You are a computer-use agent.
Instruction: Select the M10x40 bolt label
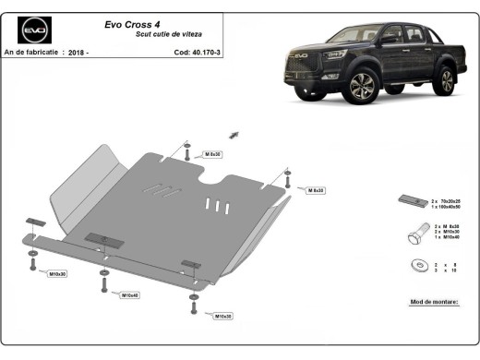pyautogui.click(x=129, y=295)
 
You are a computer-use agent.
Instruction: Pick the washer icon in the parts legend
pyautogui.click(x=409, y=268)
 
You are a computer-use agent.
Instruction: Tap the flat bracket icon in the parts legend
pyautogui.click(x=410, y=201)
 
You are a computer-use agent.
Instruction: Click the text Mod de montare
pyautogui.click(x=432, y=302)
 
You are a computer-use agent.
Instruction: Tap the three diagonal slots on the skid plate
pyautogui.click(x=155, y=189)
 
